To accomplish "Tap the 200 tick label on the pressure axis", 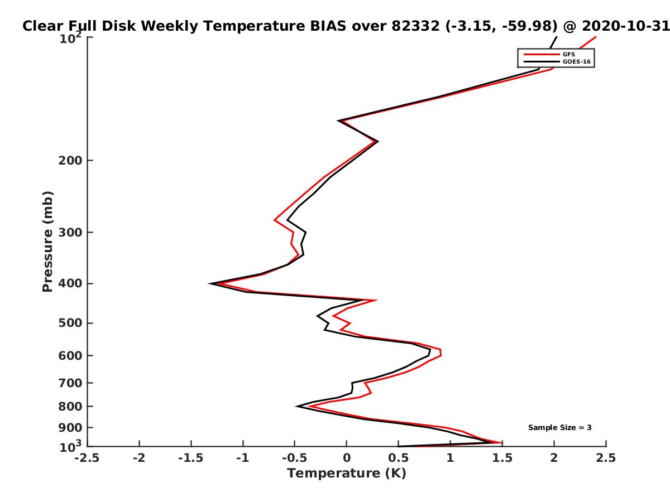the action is (x=70, y=160).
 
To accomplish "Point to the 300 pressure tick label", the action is (x=70, y=233).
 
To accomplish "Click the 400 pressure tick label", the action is (x=70, y=283).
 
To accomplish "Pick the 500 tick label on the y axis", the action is (x=70, y=323).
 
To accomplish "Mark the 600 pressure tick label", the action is (x=70, y=356).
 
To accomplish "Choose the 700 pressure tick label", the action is (x=70, y=383).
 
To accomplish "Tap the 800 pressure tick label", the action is (x=70, y=407).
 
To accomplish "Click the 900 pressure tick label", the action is (x=70, y=428).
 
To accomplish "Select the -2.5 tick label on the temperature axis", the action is (x=87, y=458).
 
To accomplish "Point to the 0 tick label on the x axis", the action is (x=347, y=458).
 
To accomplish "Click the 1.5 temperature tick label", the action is (x=502, y=458).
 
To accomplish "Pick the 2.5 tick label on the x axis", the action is (x=606, y=458).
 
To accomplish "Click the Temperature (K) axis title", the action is (x=347, y=474).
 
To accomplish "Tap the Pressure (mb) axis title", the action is (x=47, y=242).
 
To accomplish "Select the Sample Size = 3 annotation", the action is (x=560, y=428).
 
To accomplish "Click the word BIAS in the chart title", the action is (x=328, y=26).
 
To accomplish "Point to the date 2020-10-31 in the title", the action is (x=626, y=26).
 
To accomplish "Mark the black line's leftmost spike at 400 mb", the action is (x=210, y=284).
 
